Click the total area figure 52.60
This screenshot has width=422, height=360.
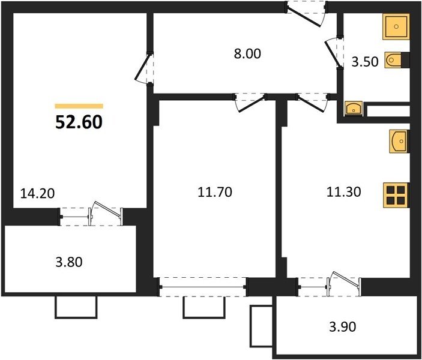[x=79, y=122]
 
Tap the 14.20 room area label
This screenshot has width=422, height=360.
[x=38, y=193]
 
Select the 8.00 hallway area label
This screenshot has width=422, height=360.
[x=247, y=53]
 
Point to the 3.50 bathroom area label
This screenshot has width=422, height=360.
[x=365, y=62]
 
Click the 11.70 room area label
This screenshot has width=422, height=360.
[x=215, y=192]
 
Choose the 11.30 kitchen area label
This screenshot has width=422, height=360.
[x=344, y=192]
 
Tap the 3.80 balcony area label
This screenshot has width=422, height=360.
[x=69, y=262]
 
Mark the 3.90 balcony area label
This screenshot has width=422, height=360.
[x=343, y=326]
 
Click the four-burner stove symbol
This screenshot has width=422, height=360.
[x=396, y=195]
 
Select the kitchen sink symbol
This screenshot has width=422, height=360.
[x=399, y=141]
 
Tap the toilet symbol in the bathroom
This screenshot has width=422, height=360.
[x=394, y=60]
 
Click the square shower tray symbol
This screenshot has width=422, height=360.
[x=396, y=26]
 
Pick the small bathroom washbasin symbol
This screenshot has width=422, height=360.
[x=354, y=109]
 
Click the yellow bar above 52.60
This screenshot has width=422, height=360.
[x=79, y=106]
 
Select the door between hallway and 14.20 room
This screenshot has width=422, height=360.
[x=142, y=68]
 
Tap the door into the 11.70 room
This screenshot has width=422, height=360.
[x=252, y=103]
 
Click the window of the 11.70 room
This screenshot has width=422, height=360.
[x=203, y=287]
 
